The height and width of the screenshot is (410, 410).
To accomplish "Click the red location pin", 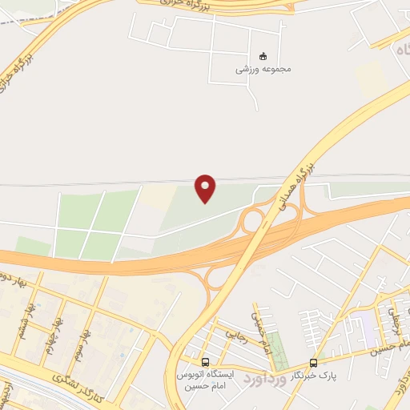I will pyautogui.click(x=207, y=187).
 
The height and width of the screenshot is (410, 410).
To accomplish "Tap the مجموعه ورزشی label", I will pyautogui.click(x=263, y=69).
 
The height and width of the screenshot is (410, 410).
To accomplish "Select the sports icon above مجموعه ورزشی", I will pyautogui.click(x=263, y=55).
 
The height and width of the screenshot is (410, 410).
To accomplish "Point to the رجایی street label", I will pyautogui.click(x=232, y=333).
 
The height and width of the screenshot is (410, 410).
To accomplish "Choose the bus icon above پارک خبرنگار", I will pyautogui.click(x=313, y=361).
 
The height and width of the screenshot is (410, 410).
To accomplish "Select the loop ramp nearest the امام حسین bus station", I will pyautogui.click(x=217, y=278).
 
